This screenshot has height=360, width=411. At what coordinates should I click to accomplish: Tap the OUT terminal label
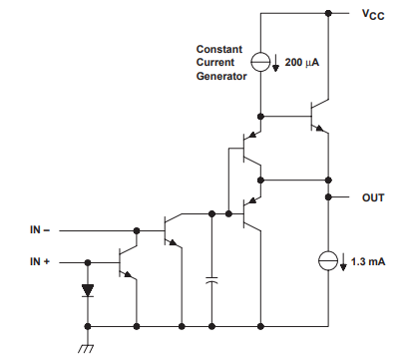tap(372, 197)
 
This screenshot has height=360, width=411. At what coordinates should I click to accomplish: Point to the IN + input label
tap(43, 261)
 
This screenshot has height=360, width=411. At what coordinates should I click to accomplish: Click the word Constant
tap(218, 48)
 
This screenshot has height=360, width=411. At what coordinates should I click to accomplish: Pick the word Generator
tap(221, 76)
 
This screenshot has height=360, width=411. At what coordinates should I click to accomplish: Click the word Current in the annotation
tap(215, 62)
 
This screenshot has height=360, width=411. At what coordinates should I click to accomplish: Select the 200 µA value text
tap(302, 62)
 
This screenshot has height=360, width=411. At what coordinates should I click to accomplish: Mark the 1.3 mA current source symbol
tap(328, 261)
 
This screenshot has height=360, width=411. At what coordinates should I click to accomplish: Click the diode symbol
tap(88, 291)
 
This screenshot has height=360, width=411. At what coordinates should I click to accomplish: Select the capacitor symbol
tap(211, 282)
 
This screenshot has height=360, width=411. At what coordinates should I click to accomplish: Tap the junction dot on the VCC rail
tap(328, 14)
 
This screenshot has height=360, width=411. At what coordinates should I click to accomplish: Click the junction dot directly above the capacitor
tap(211, 213)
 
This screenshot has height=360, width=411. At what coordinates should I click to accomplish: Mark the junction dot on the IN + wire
tap(88, 261)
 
